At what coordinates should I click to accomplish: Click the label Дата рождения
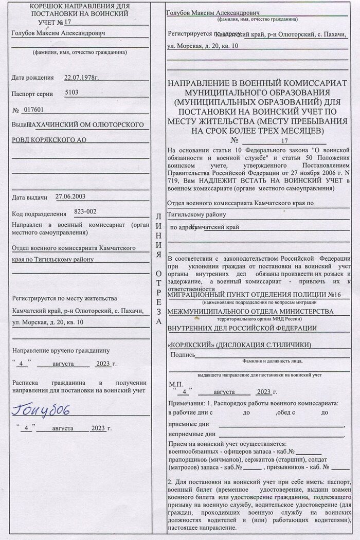coord(32,78)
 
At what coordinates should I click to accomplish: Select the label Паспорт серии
coord(33,94)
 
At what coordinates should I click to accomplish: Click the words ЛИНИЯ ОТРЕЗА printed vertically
coord(158,267)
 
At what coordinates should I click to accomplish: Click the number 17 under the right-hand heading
coord(285,140)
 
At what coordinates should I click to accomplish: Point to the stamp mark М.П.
coord(176,384)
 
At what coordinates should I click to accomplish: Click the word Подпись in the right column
coord(182,354)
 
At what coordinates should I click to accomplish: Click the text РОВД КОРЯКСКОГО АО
coord(49,140)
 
